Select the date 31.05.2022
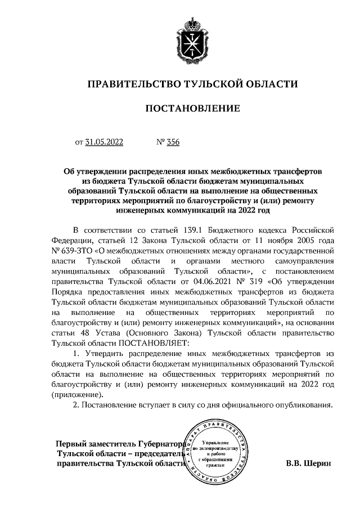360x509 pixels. [104, 143]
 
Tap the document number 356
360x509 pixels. [173, 143]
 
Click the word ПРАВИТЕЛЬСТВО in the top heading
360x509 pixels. [133, 84]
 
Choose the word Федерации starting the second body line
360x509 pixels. [74, 241]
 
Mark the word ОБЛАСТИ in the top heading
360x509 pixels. [267, 84]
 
